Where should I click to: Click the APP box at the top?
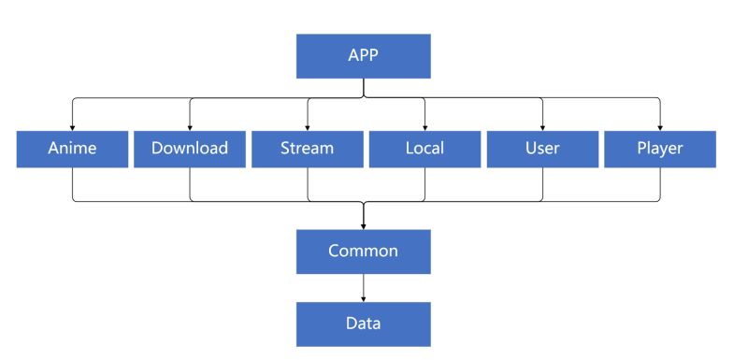pyautogui.click(x=363, y=56)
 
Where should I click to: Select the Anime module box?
pyautogui.click(x=72, y=149)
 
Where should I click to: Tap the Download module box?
pyautogui.click(x=190, y=149)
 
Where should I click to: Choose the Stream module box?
pyautogui.click(x=308, y=149)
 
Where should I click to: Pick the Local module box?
pyautogui.click(x=425, y=149)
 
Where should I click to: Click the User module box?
pyautogui.click(x=543, y=149)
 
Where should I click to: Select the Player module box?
pyautogui.click(x=660, y=149)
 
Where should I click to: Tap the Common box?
pyautogui.click(x=363, y=251)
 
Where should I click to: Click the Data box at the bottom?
pyautogui.click(x=363, y=324)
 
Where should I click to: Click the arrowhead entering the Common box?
pyautogui.click(x=363, y=225)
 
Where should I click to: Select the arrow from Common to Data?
pyautogui.click(x=363, y=287)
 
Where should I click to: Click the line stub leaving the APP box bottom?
pyautogui.click(x=363, y=87)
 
